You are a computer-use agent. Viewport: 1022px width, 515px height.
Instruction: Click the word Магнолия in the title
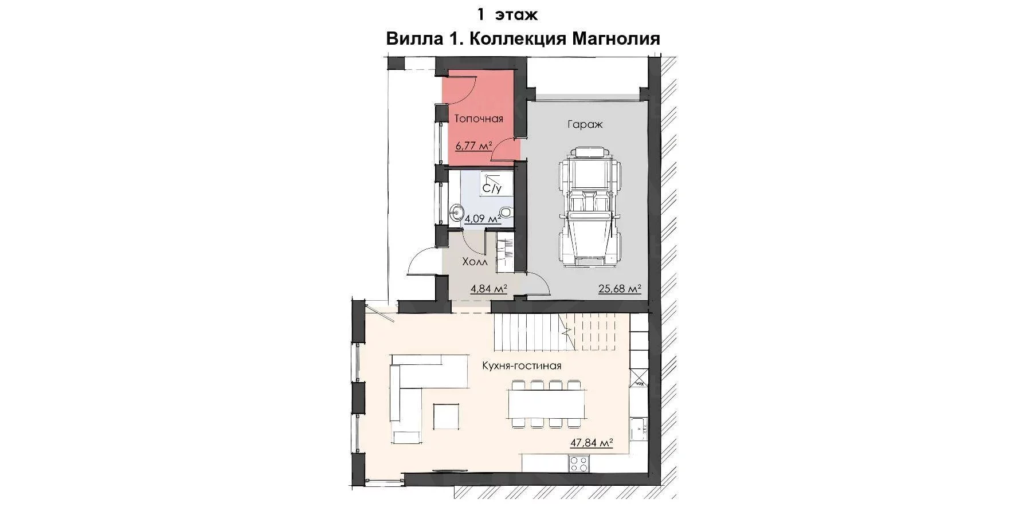point(615,39)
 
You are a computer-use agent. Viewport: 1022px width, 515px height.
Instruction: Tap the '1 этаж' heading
point(507,14)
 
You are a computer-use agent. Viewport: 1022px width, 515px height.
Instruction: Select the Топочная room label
point(479,119)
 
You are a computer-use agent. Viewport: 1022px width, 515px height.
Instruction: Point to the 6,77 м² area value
point(475,146)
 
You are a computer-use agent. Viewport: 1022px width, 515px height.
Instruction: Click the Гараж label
point(585,124)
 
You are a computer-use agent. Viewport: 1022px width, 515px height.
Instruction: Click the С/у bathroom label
point(491,188)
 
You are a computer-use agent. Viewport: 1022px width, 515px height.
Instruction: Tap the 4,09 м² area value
point(483,218)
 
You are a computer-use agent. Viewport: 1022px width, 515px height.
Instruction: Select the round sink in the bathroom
point(457,213)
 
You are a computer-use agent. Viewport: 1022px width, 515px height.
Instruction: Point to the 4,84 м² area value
point(489,289)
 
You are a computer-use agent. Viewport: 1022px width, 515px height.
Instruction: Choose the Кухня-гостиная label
point(522,365)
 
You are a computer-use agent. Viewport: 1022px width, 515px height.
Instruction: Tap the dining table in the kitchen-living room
point(547,403)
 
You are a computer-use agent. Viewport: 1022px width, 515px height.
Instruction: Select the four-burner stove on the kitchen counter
point(578,463)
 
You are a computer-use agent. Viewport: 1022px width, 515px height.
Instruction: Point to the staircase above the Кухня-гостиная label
point(561,335)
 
